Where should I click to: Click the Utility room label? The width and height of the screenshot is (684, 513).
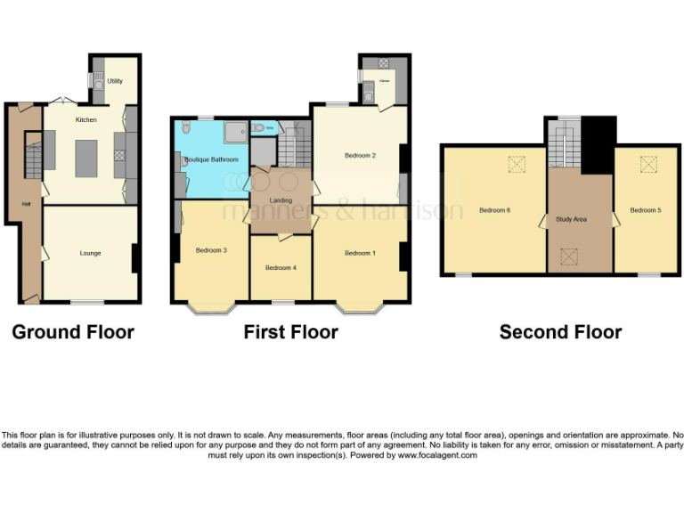(115, 81)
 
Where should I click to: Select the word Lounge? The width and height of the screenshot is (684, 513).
(90, 254)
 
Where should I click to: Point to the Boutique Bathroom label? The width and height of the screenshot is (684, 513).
(212, 159)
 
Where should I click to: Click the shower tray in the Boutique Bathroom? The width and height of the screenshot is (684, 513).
(237, 132)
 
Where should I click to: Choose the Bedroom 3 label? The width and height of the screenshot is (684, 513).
(211, 250)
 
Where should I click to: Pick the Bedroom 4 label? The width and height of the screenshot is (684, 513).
(281, 267)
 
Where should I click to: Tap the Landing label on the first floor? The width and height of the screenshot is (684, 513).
(281, 200)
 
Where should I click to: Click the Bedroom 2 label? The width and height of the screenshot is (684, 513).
(360, 156)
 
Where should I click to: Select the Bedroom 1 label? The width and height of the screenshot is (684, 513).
(360, 254)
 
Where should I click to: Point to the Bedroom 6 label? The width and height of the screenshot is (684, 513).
(494, 210)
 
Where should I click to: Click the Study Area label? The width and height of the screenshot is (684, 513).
(571, 218)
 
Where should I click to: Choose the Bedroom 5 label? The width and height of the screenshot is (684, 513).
(646, 210)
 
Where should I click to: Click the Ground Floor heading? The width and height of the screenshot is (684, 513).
(73, 332)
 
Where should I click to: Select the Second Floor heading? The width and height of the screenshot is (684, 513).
(560, 332)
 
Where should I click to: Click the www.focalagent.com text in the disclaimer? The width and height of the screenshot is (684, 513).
(437, 455)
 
